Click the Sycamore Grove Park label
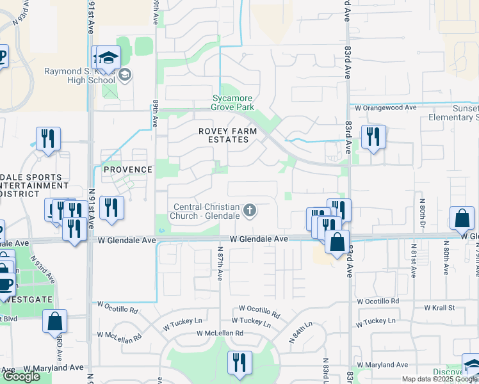tap(233, 103)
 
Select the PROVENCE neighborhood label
tap(128, 170)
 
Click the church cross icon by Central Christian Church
tap(250, 209)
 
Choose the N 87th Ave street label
tap(220, 264)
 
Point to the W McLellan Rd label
tap(220, 333)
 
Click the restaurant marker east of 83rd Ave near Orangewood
tap(372, 137)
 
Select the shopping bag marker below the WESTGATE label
tap(54, 321)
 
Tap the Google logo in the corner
tap(21, 376)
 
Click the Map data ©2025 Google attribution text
tap(439, 379)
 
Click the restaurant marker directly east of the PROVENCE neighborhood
tap(112, 208)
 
